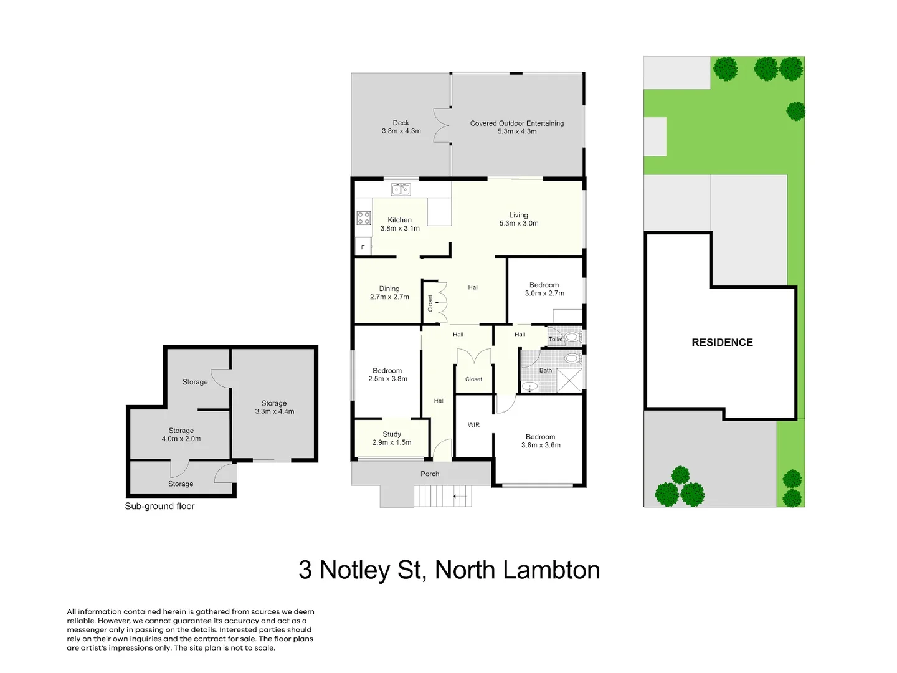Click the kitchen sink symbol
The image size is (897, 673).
[x=401, y=189]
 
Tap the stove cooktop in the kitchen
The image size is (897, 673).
[x=363, y=218]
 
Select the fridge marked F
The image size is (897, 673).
[x=363, y=247]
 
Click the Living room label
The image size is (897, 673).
[x=518, y=219]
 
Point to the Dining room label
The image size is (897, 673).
[x=389, y=292]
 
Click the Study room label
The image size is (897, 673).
[x=392, y=438]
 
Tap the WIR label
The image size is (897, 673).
[x=473, y=425]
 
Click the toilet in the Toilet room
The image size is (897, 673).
[x=572, y=337]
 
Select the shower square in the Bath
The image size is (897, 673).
[x=569, y=380]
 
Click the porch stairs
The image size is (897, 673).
[x=443, y=496]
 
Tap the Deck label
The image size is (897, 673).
[x=401, y=126]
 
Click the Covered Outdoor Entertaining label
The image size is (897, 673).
[x=517, y=127]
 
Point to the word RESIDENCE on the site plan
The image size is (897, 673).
[x=722, y=343]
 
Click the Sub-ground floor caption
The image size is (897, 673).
[x=159, y=506]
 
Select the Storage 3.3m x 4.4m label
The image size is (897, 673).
[x=274, y=407]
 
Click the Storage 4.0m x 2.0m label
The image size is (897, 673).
[x=181, y=434]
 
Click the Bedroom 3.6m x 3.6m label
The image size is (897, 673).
[x=541, y=441]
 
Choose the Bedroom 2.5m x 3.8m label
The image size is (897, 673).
[x=387, y=374]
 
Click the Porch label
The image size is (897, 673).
[x=430, y=474]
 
